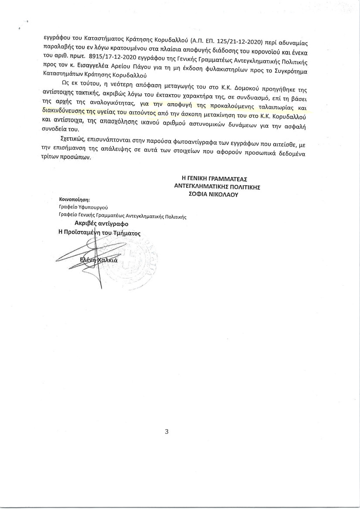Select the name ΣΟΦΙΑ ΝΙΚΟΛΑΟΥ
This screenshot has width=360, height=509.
point(211,196)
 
